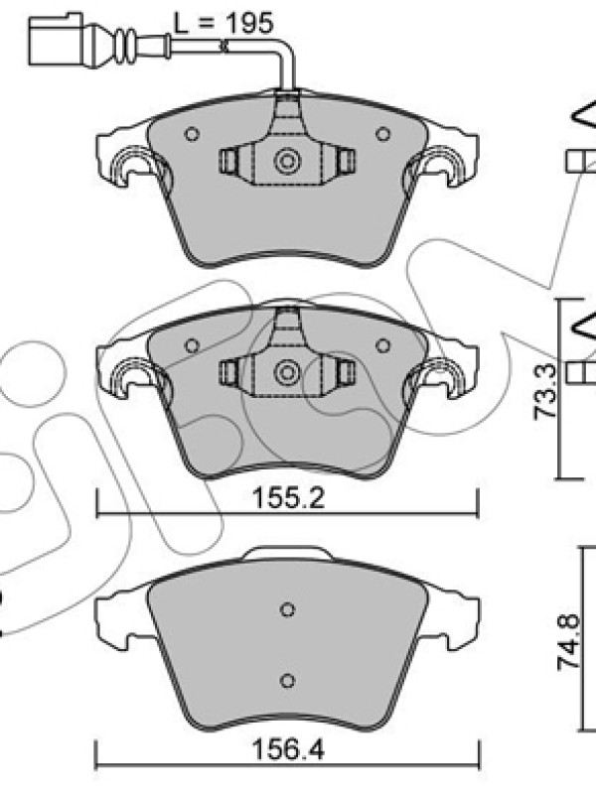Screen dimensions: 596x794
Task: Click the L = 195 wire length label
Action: (x=223, y=23)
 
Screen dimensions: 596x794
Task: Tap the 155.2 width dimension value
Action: (x=288, y=498)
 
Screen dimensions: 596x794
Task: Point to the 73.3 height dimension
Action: (x=544, y=391)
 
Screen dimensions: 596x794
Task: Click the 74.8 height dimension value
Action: (x=568, y=642)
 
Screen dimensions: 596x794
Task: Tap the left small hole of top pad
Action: (x=192, y=134)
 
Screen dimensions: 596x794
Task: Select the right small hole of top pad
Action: (x=383, y=134)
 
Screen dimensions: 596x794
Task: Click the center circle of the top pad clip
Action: (x=287, y=162)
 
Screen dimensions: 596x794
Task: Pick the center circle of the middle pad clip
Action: (x=287, y=373)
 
